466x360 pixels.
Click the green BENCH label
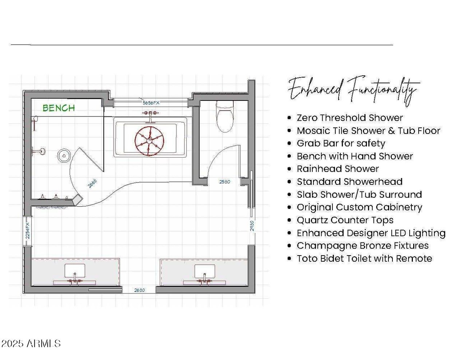tap(59, 108)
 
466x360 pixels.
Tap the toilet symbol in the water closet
tap(225, 116)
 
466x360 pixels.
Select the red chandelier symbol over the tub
tap(150, 141)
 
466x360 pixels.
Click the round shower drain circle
tap(64, 155)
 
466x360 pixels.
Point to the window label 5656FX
tap(151, 103)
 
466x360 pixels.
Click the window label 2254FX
tap(27, 231)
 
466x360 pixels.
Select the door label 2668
tap(92, 183)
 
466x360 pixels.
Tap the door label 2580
tap(225, 182)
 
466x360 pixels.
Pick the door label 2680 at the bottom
tap(139, 290)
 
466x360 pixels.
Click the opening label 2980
tap(252, 226)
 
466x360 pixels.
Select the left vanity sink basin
tap(75, 271)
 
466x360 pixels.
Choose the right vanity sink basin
tap(205, 271)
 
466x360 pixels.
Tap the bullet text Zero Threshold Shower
tap(350, 118)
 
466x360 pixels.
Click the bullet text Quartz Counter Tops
tap(345, 220)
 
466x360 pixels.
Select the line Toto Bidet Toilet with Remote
tap(364, 258)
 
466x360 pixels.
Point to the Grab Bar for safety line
tap(341, 143)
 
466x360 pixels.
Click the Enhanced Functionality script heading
tap(354, 91)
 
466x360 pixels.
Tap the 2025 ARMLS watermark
tap(31, 344)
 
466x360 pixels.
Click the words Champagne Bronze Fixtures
tap(363, 246)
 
